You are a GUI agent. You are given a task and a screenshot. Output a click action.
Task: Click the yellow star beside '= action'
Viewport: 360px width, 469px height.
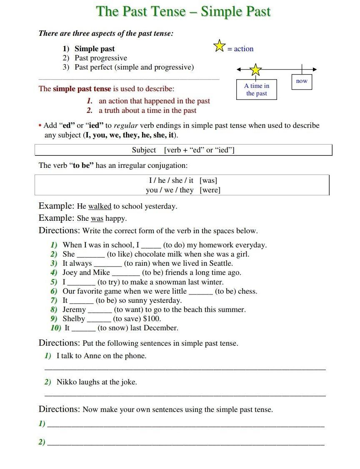pos(219,46)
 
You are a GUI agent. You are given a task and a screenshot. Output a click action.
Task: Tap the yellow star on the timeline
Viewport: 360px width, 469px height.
pos(255,70)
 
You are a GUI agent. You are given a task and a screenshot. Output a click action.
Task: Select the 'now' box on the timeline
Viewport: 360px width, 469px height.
pos(302,81)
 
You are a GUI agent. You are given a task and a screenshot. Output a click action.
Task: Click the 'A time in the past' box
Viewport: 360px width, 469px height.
pos(256,90)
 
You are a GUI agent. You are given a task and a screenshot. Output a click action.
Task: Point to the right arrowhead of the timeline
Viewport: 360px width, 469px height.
pos(315,69)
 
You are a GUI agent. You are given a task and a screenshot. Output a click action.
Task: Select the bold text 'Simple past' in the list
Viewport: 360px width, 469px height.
pos(95,49)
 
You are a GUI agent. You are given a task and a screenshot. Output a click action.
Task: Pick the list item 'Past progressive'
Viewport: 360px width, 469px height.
pos(101,58)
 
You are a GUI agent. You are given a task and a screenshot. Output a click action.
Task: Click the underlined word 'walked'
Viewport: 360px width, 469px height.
pos(100,206)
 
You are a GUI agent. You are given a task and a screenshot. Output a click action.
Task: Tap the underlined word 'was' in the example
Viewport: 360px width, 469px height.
pos(97,219)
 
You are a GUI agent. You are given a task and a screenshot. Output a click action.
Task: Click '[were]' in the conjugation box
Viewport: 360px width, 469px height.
pos(210,190)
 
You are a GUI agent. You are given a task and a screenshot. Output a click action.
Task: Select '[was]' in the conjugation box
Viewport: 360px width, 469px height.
pos(208,180)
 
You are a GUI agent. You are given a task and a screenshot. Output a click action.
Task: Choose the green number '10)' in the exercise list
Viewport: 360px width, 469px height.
pos(56,328)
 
